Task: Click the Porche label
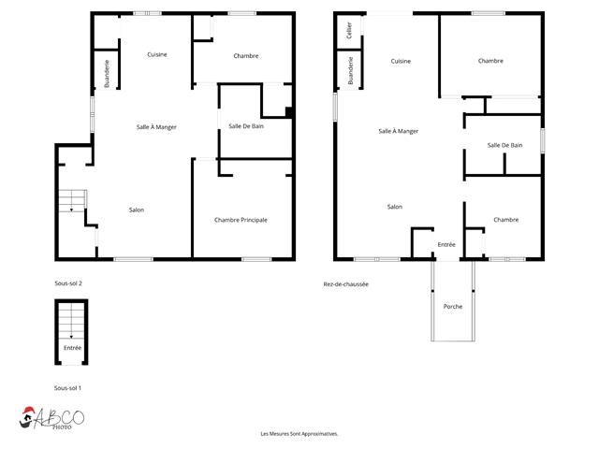(x=453, y=306)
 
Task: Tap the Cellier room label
(x=349, y=30)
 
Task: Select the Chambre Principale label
(x=241, y=220)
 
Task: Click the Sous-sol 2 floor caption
(x=68, y=283)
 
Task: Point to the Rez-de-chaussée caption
(x=345, y=284)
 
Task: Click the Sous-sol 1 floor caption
(x=67, y=388)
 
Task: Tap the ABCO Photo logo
(x=51, y=418)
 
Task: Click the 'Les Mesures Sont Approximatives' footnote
(x=299, y=434)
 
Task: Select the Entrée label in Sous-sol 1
(x=73, y=348)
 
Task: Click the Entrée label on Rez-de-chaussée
(x=446, y=244)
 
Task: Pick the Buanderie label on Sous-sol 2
(x=107, y=73)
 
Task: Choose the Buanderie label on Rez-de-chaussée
(x=350, y=71)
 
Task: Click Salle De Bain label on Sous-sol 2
(x=246, y=126)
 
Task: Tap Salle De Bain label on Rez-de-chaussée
(x=504, y=145)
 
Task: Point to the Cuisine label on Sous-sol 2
(x=157, y=54)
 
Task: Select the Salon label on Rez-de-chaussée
(x=395, y=207)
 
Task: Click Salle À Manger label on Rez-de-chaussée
(x=398, y=131)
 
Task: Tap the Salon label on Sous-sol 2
(x=137, y=210)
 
